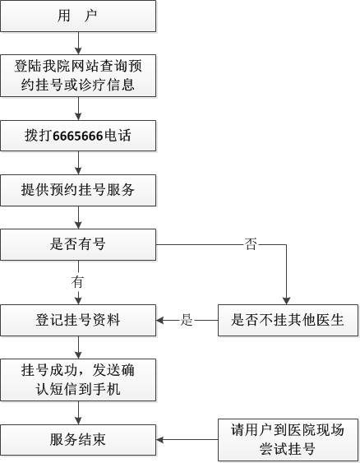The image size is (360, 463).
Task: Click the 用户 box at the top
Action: (x=78, y=16)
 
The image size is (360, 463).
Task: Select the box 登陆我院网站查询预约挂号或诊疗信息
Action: (x=78, y=76)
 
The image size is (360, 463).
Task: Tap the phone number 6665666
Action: (x=78, y=136)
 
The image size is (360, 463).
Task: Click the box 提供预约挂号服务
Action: (x=78, y=190)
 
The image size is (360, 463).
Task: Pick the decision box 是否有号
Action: (x=78, y=245)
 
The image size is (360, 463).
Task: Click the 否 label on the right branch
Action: (x=251, y=244)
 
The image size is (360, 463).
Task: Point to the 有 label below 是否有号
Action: (x=77, y=282)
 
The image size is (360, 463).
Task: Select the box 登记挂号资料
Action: (x=78, y=321)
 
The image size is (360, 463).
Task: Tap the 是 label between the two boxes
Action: (x=187, y=320)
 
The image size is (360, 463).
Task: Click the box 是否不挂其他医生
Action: (x=288, y=321)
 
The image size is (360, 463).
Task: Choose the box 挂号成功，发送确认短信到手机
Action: (x=78, y=380)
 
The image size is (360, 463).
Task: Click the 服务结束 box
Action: (x=78, y=440)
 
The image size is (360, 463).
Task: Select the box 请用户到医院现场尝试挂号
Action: (x=288, y=440)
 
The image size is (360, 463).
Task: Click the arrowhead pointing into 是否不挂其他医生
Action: (x=287, y=301)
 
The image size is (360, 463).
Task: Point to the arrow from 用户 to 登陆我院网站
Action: (x=78, y=43)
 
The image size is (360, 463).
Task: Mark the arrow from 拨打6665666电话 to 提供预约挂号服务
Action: (x=78, y=163)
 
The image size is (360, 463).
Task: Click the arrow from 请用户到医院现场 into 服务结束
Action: (x=187, y=440)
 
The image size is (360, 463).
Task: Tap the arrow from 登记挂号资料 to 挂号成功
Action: (x=78, y=348)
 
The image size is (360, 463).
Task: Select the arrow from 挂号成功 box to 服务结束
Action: (x=78, y=413)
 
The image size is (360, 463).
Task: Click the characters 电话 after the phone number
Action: (x=118, y=136)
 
